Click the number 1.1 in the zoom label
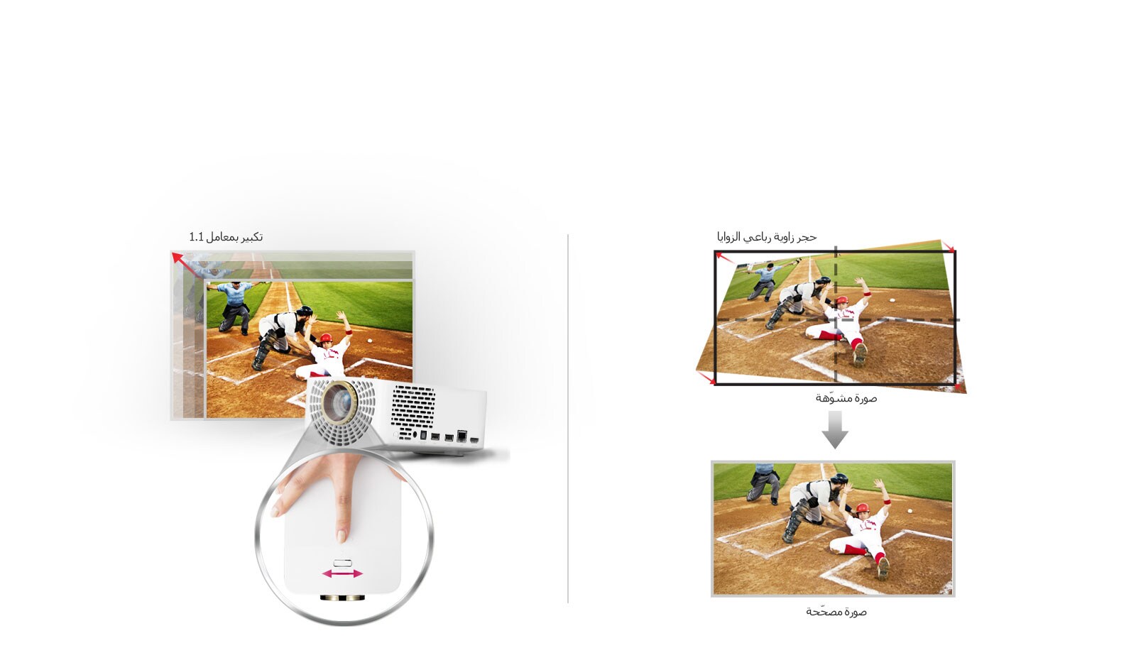(x=196, y=237)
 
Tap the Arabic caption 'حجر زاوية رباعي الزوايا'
(x=767, y=237)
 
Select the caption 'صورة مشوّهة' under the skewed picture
(x=846, y=398)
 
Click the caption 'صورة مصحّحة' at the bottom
(x=836, y=612)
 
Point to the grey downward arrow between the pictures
(x=835, y=430)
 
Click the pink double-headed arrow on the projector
(x=342, y=574)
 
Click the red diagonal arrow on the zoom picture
(x=185, y=265)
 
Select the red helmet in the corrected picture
(x=862, y=508)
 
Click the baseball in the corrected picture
(x=910, y=511)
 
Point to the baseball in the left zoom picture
(x=369, y=341)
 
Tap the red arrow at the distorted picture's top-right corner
(x=949, y=246)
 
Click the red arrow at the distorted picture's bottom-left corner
(x=706, y=378)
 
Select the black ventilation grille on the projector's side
(x=413, y=406)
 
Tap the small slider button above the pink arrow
(x=342, y=563)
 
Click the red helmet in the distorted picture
(x=842, y=300)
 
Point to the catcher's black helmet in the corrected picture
(x=839, y=479)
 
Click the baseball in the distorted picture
(x=892, y=301)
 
